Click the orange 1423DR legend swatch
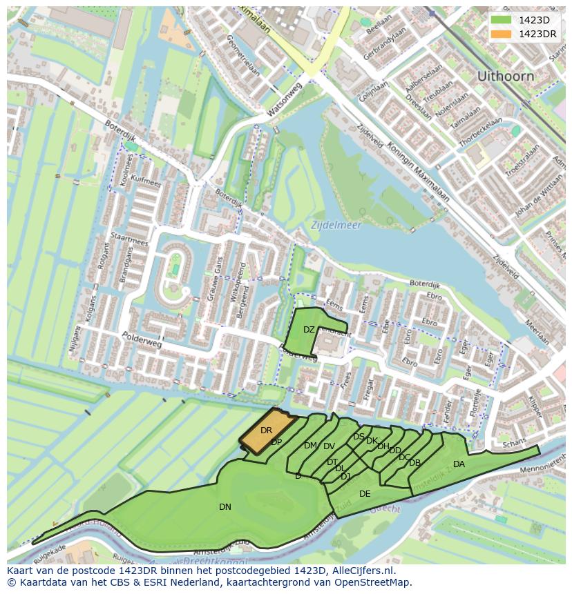pos(502,34)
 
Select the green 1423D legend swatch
pos(502,20)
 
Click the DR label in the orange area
pos(267,430)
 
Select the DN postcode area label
pos(225,507)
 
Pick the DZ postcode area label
pos(309,330)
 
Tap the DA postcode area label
pos(459,464)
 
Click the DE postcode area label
pos(365,493)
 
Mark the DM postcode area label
pos(310,446)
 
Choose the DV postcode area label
pos(329,446)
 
